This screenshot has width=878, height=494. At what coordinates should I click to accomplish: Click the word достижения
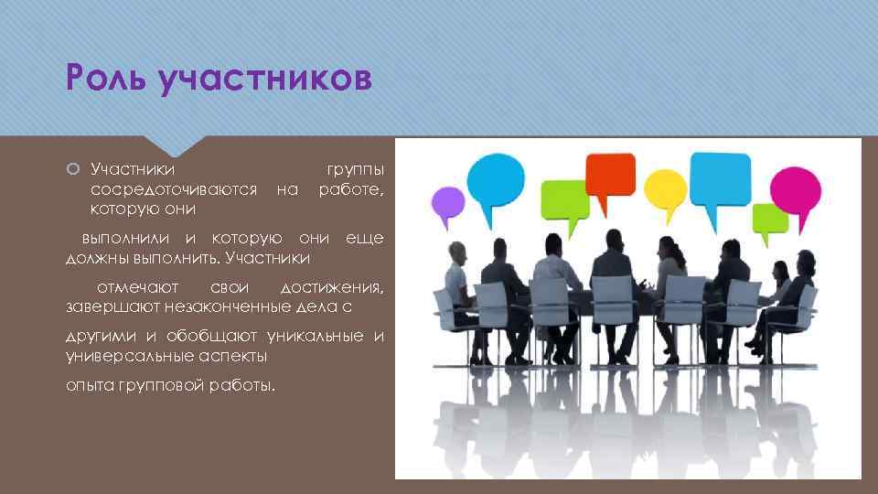click(x=331, y=287)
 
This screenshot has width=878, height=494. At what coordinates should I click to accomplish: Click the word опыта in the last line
click(x=89, y=386)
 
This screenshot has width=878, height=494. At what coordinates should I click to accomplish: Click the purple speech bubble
click(x=447, y=204)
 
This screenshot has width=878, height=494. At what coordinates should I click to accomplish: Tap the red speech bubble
click(x=609, y=174)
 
